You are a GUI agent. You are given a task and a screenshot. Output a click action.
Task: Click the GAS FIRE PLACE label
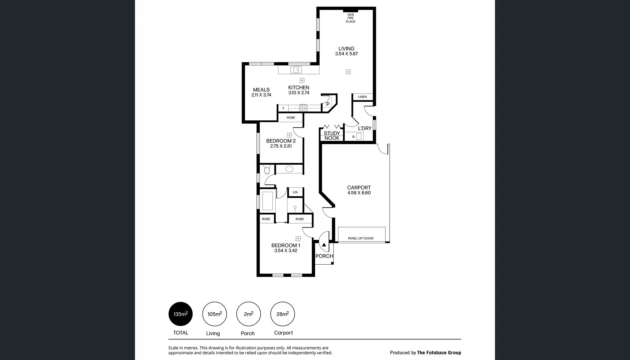tap(350, 18)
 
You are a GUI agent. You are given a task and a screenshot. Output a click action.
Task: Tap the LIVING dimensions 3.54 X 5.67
tap(346, 54)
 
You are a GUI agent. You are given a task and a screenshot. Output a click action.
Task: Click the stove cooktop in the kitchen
tap(303, 108)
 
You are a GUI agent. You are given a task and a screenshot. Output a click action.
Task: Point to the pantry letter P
tap(328, 104)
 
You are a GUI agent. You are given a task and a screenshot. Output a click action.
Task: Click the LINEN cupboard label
tap(362, 97)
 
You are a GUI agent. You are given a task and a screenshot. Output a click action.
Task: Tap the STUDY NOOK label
tap(332, 136)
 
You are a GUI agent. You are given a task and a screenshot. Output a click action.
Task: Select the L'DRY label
tap(365, 128)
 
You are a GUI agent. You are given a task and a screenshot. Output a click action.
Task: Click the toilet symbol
tap(267, 170)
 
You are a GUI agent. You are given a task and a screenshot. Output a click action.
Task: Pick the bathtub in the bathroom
tap(267, 201)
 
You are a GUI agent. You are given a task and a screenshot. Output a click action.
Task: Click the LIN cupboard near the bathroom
tap(295, 192)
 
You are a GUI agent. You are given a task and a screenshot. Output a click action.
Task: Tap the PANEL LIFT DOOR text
tap(360, 238)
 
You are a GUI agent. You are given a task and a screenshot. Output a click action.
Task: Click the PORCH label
tap(324, 256)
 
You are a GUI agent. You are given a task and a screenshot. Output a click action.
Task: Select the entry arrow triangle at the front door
tap(324, 245)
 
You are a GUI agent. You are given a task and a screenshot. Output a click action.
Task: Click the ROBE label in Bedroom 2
tap(291, 118)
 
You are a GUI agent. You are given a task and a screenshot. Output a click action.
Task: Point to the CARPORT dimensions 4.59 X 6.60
tap(359, 193)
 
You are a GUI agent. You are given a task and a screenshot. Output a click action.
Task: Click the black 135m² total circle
tap(180, 314)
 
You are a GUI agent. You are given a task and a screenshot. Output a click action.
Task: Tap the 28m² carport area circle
tap(282, 314)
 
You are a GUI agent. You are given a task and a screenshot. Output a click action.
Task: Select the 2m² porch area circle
tap(248, 314)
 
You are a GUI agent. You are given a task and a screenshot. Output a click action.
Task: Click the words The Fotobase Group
tap(439, 353)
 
